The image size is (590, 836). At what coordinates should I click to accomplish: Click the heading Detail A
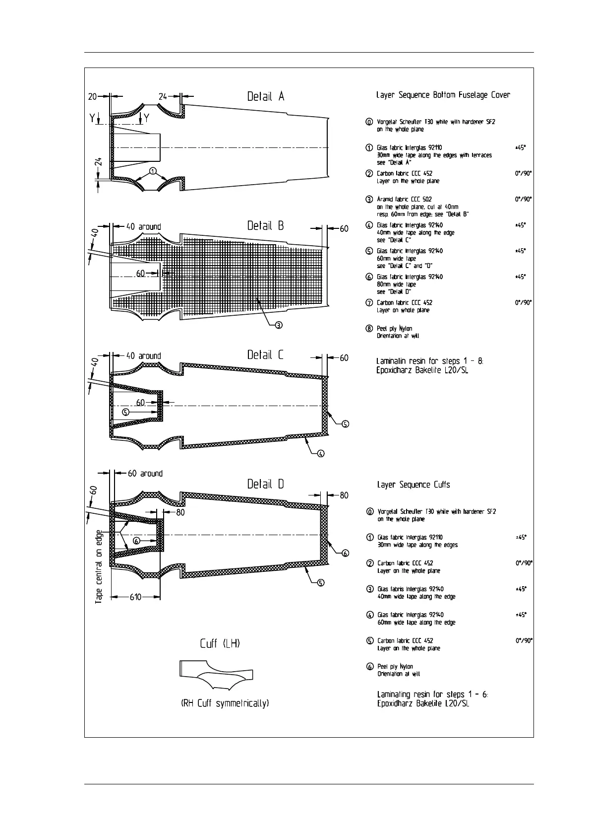tap(266, 96)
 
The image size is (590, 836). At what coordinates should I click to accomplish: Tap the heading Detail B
tap(266, 226)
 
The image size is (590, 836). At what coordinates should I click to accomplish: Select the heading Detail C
tap(266, 355)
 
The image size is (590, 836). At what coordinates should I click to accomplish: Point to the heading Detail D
tap(266, 484)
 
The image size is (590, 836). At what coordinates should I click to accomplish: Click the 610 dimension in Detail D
tap(135, 597)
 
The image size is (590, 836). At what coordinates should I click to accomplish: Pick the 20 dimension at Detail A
tap(93, 96)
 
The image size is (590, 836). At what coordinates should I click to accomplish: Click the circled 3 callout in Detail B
tap(279, 325)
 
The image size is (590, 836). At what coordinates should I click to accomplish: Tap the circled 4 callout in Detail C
tap(321, 453)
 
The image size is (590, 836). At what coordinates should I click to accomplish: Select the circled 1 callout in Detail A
tap(154, 171)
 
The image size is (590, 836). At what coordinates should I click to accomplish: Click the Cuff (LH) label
tap(220, 644)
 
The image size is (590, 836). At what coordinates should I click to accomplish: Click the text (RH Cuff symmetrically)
tap(225, 703)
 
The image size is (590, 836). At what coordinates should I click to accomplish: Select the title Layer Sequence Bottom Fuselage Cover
tap(443, 95)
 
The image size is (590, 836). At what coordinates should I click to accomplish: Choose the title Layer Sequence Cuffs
tap(413, 485)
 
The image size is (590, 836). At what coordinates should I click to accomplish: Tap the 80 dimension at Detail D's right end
tap(344, 495)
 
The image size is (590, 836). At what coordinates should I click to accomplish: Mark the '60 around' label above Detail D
tap(145, 474)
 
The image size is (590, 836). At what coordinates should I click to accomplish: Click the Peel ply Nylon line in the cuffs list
tap(395, 667)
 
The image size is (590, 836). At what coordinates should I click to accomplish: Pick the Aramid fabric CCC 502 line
tap(404, 200)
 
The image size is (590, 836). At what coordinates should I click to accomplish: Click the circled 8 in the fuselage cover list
tap(369, 329)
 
